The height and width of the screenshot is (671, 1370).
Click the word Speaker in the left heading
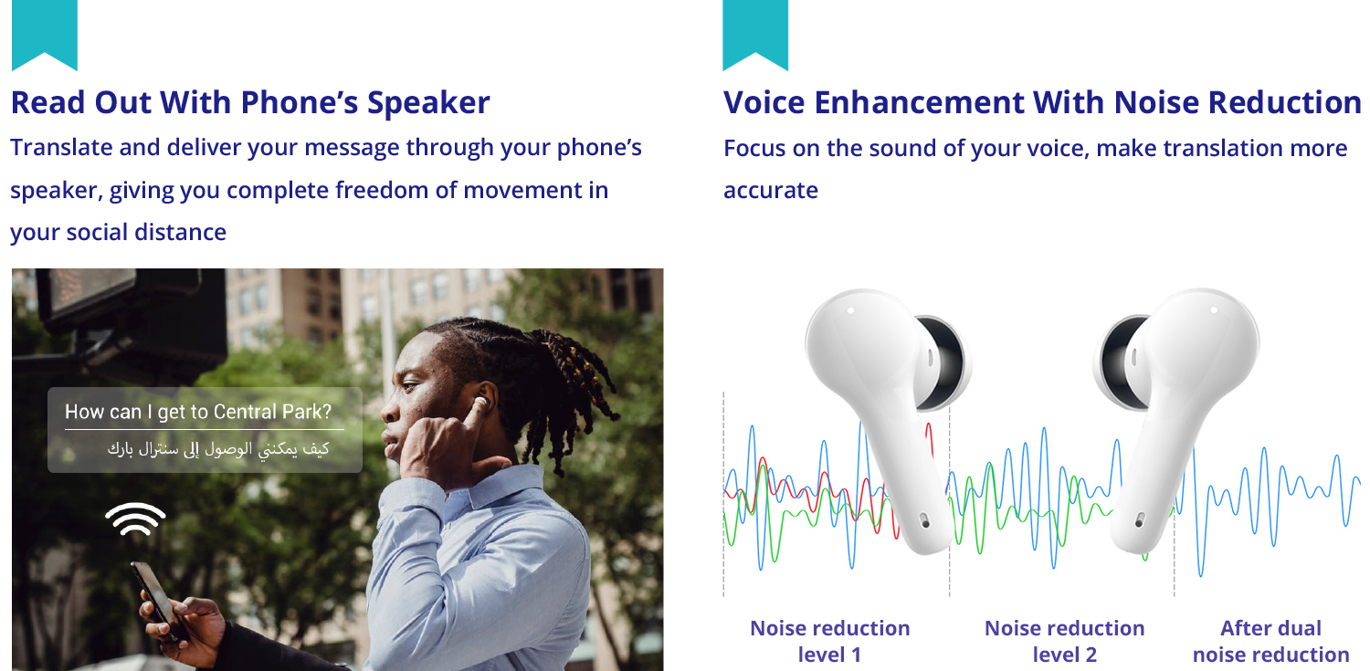(428, 103)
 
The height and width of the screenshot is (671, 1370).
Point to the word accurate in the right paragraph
(771, 191)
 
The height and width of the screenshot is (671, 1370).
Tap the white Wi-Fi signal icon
(135, 519)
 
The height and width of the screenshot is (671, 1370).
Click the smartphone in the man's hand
(158, 600)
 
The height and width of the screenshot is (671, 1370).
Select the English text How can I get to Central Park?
(198, 412)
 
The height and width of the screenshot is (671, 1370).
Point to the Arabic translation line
(218, 449)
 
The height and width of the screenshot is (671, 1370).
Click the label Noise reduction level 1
(830, 641)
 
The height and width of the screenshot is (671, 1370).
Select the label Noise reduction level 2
(1064, 641)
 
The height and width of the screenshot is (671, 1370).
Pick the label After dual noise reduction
(1271, 641)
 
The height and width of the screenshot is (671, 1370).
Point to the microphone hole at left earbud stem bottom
(924, 522)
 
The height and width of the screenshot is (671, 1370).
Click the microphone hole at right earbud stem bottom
(1139, 522)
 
